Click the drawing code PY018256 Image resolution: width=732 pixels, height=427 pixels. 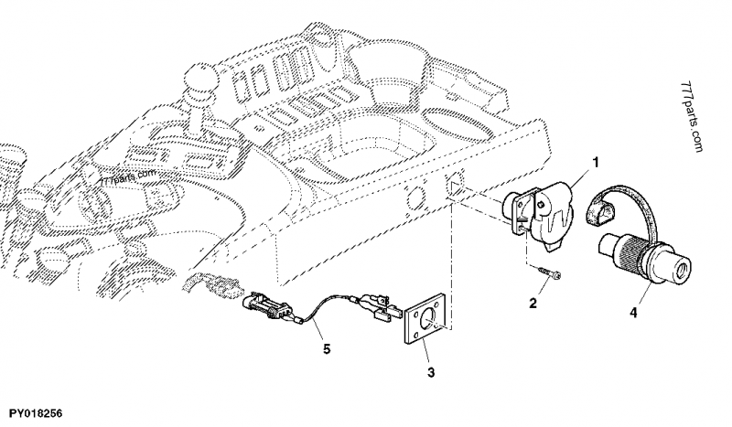click(37, 414)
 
